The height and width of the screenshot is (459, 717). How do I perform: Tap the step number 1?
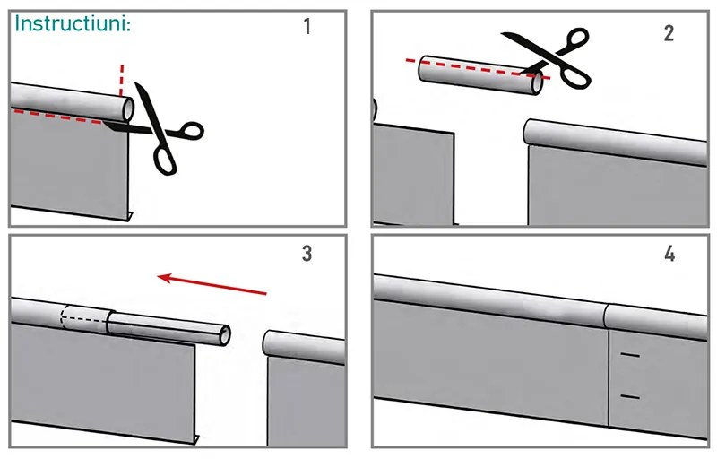(x=307, y=26)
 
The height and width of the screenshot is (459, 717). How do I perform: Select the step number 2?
(x=669, y=33)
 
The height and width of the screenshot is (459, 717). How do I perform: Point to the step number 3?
(x=307, y=253)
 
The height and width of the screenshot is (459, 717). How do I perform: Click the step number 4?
(x=669, y=254)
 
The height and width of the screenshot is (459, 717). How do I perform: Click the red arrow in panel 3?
(x=212, y=284)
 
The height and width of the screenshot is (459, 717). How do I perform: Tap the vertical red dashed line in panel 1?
(x=122, y=81)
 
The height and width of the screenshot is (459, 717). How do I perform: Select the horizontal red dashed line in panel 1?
(x=57, y=117)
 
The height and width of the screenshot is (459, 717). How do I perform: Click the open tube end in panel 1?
(x=128, y=108)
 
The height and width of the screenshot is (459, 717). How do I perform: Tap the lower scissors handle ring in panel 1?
(x=165, y=159)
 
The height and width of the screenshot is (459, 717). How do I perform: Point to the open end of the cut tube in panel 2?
(x=537, y=83)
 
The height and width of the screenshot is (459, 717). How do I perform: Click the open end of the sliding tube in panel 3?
(x=225, y=335)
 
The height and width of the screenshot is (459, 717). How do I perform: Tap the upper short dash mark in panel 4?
(x=630, y=355)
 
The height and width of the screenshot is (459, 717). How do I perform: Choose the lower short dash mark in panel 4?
(x=630, y=396)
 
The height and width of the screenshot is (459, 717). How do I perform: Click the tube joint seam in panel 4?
(x=608, y=316)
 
